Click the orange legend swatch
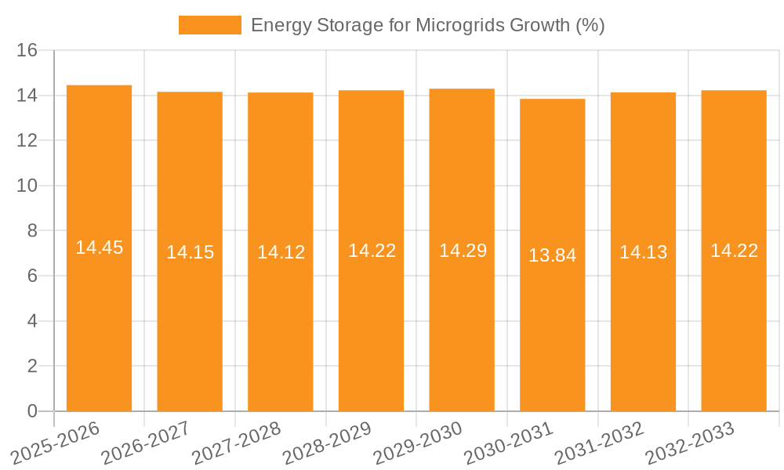[x=209, y=25]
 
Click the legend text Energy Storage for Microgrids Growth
[x=427, y=25]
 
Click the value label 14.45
[x=99, y=248]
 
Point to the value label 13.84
[x=552, y=255]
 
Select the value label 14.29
[x=463, y=251]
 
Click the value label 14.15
[x=190, y=252]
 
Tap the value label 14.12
[x=281, y=252]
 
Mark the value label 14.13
[x=643, y=252]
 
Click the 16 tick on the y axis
[x=27, y=51]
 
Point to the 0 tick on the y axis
[x=32, y=411]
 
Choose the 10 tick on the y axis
[x=27, y=186]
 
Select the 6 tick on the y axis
[x=32, y=277]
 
